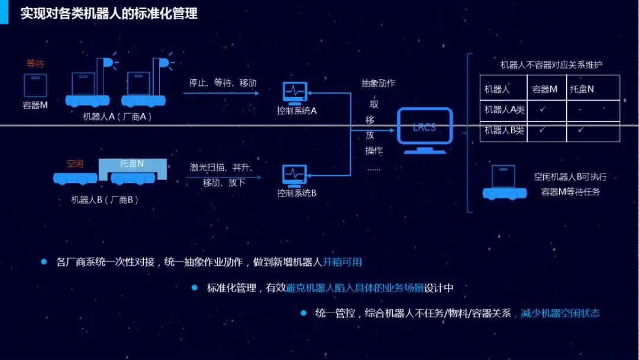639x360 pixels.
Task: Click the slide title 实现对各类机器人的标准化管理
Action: pos(109,13)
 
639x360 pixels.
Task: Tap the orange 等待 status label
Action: pos(35,63)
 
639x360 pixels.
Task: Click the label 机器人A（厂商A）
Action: pos(118,116)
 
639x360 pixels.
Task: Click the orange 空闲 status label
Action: pos(75,163)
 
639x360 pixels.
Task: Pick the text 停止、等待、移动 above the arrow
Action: pos(222,82)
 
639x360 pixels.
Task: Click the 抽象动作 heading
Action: pos(379,83)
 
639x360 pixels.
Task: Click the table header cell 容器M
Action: pos(545,89)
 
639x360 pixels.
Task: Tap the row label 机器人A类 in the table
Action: pos(504,110)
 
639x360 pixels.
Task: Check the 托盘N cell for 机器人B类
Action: pos(581,130)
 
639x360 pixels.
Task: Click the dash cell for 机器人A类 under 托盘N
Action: pos(581,110)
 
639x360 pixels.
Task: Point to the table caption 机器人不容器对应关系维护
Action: pos(550,65)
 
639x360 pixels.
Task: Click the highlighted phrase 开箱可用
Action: pos(342,262)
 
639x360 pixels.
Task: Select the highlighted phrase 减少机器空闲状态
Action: pos(560,313)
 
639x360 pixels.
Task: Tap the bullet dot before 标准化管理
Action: pos(194,288)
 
